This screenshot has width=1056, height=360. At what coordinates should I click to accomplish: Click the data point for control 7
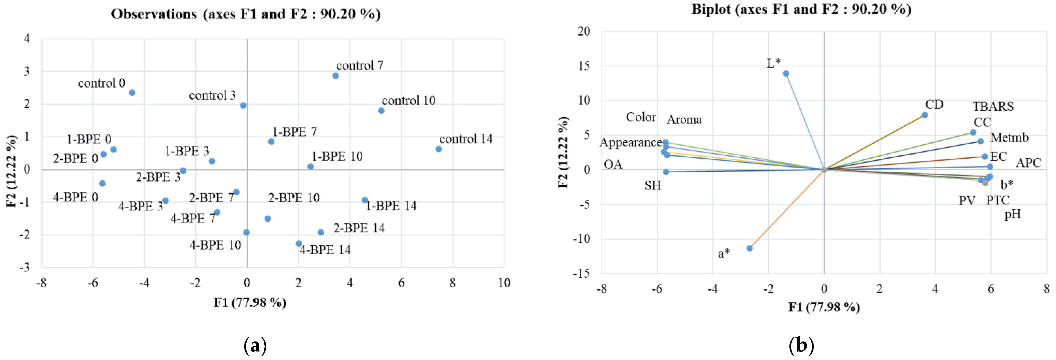tap(335, 75)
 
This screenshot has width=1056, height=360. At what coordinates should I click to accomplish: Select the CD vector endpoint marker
tap(924, 115)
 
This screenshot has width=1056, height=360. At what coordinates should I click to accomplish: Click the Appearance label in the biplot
tap(631, 143)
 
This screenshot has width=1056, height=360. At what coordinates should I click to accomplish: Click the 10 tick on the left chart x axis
tap(504, 283)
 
